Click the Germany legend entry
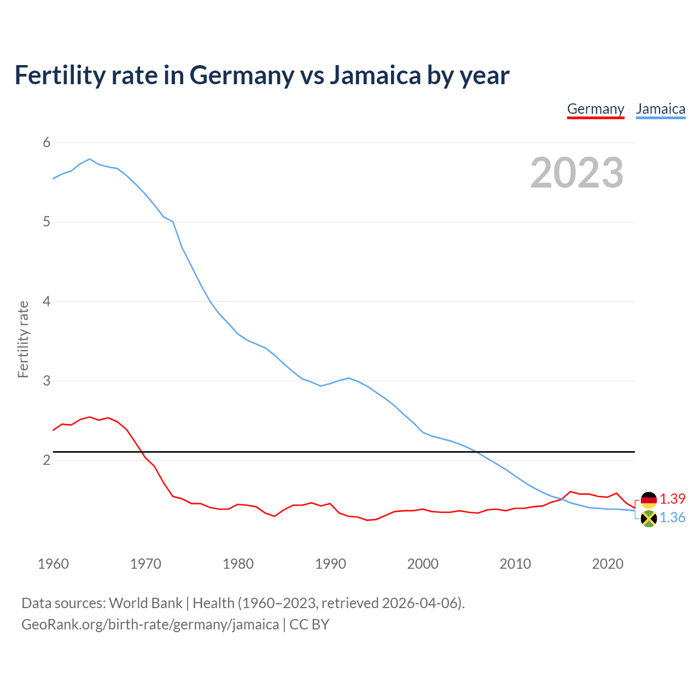tap(596, 109)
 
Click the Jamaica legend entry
tap(661, 109)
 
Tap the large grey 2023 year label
tap(576, 173)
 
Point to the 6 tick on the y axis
tap(46, 143)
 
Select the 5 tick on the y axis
tap(46, 222)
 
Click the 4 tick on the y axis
tap(46, 301)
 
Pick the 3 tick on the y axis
tap(46, 381)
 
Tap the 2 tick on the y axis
tap(46, 460)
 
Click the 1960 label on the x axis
tap(53, 564)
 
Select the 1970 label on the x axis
tap(145, 564)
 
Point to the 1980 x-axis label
tap(238, 564)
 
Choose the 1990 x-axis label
tap(330, 564)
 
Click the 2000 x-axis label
tap(423, 564)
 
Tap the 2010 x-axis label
tap(515, 564)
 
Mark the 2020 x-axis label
tap(608, 564)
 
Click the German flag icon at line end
tap(649, 500)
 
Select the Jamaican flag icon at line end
tap(649, 518)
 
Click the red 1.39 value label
tap(672, 499)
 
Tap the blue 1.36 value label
tap(672, 517)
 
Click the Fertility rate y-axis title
tap(23, 339)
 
